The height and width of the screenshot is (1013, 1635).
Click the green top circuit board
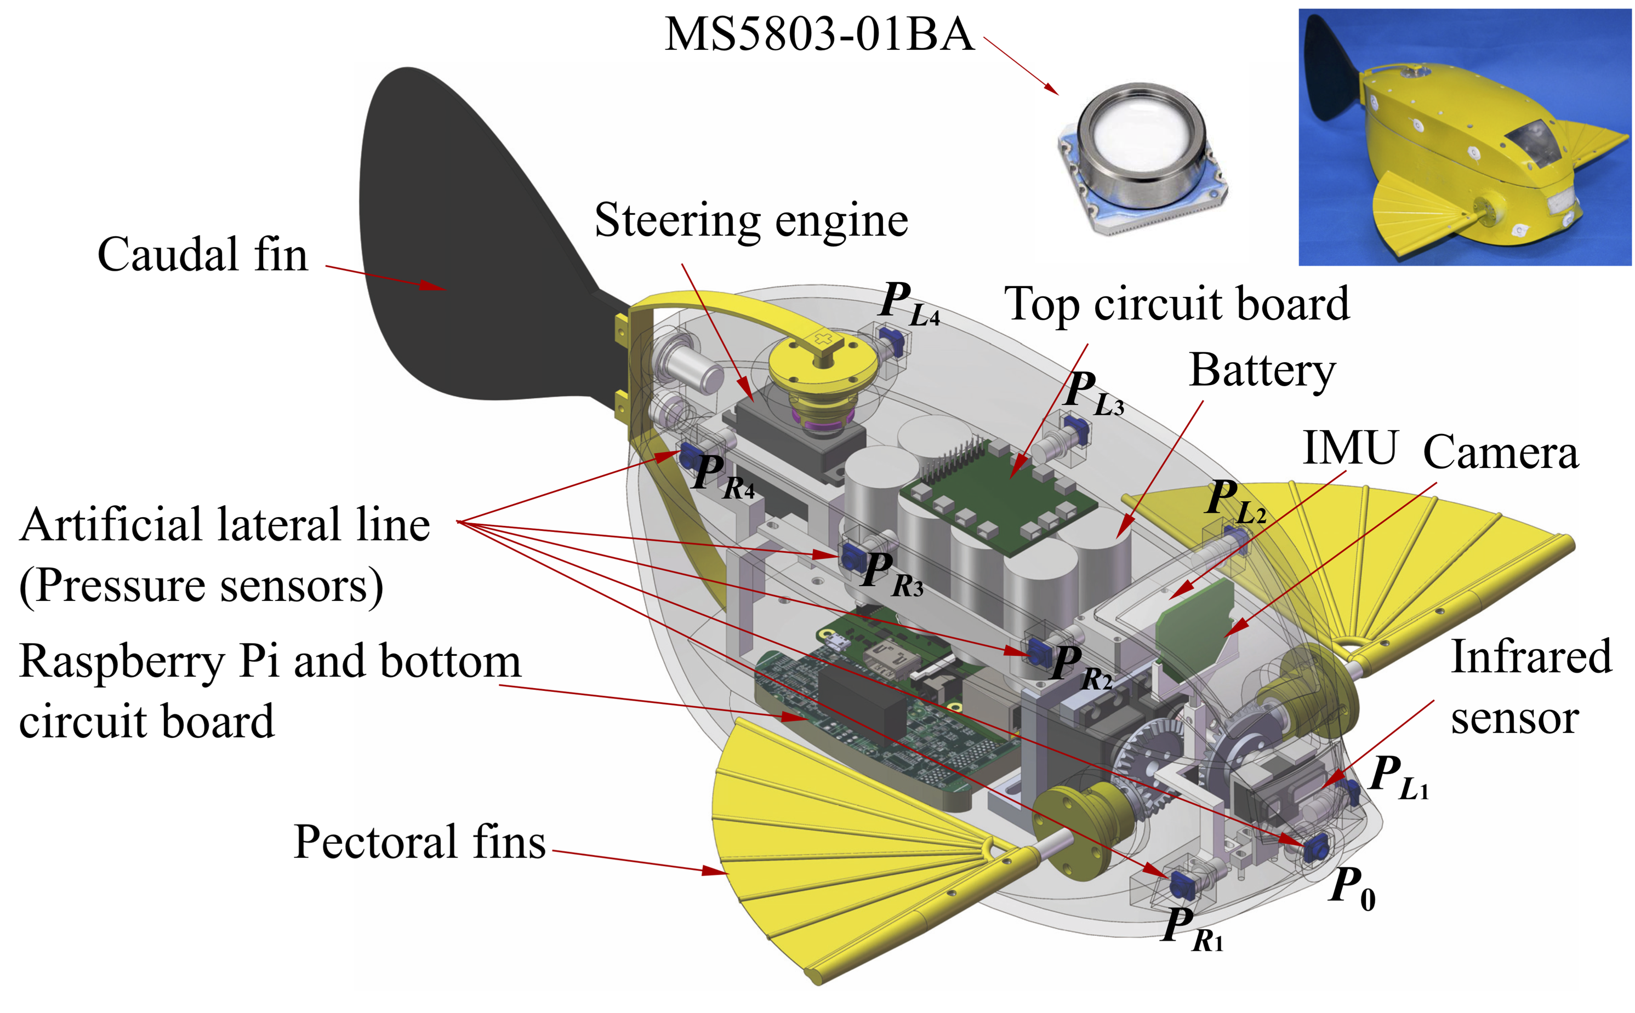pos(999,496)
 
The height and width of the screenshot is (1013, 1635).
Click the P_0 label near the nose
pos(1350,888)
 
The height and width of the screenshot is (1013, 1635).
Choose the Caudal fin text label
pos(202,255)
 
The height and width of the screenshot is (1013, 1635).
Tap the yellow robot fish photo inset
pos(1464,138)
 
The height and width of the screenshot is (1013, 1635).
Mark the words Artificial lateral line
pos(225,525)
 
